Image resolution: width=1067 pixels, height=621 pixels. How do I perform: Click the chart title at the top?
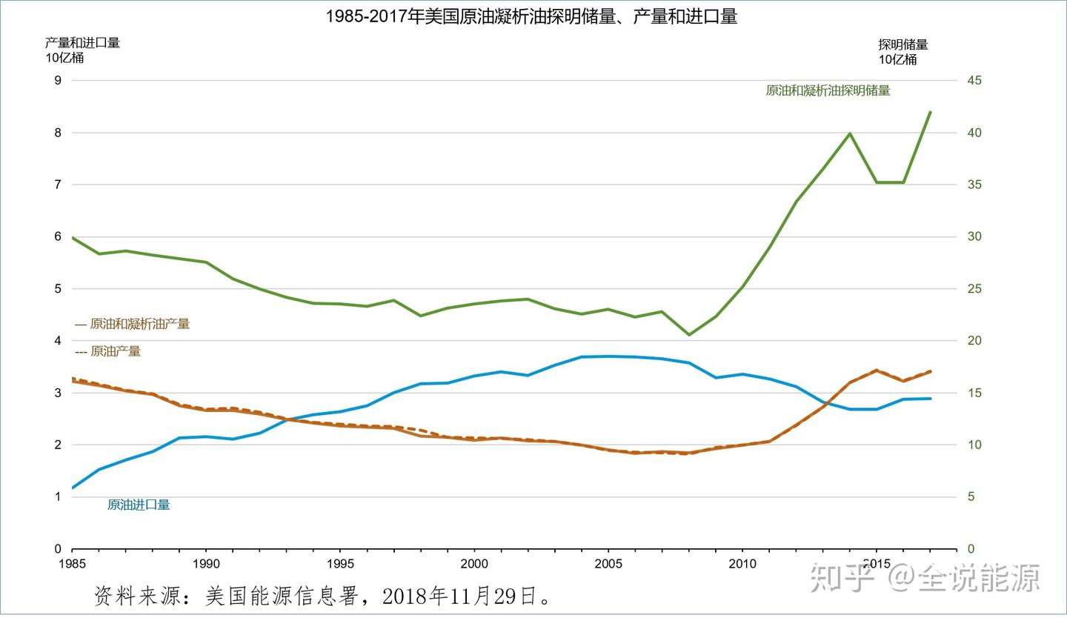[531, 17]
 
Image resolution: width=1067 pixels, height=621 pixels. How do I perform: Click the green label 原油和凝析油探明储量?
[828, 91]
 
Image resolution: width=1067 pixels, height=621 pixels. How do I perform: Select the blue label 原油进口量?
[139, 505]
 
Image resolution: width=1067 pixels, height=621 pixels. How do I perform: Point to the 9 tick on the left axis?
[58, 81]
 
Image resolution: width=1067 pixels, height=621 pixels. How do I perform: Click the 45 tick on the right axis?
[974, 81]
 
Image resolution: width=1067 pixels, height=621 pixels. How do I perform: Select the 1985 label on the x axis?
[72, 564]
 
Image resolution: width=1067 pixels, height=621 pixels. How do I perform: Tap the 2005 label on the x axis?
[608, 564]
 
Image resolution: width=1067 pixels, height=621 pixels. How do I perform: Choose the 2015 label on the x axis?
[876, 564]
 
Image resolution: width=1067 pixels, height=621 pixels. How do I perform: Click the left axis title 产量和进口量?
[82, 43]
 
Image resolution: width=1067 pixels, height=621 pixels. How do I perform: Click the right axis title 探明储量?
[903, 44]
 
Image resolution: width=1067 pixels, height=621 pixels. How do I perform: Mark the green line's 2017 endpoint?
[930, 112]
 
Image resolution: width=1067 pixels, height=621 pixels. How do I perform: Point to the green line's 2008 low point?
[689, 335]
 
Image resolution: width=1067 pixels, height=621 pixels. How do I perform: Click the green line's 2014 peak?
[849, 133]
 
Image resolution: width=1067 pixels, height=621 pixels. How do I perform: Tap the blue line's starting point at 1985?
[73, 488]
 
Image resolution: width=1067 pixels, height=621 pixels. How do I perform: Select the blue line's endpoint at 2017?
[930, 399]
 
